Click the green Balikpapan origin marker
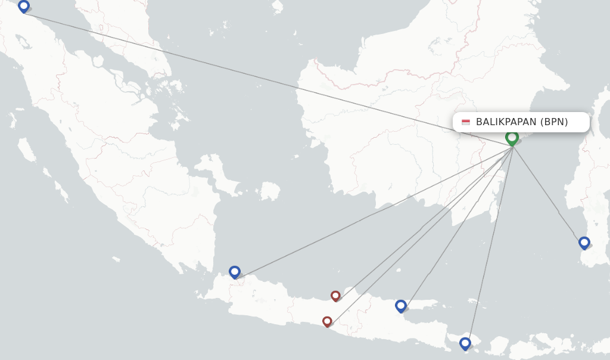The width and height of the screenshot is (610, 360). (512, 138)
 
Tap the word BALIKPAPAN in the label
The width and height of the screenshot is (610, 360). (506, 122)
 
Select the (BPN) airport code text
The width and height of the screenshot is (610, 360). (554, 122)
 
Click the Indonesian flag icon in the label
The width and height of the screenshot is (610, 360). (466, 122)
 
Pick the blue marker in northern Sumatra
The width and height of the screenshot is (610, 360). (24, 6)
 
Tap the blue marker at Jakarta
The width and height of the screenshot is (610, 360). (235, 272)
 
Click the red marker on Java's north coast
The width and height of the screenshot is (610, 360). (335, 296)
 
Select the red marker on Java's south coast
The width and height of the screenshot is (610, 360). (327, 321)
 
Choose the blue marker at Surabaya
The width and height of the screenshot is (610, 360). (401, 306)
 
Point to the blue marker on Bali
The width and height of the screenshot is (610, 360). (465, 343)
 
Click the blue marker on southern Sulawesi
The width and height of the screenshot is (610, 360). (584, 243)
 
